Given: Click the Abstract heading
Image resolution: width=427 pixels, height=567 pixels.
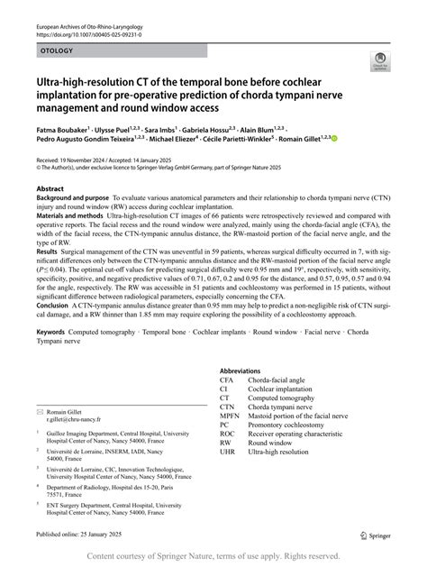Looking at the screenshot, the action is coord(52,188).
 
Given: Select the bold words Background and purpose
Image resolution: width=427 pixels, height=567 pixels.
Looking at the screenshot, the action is coord(73,197).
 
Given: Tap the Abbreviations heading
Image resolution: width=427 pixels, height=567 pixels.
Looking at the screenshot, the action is coord(245,371).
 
